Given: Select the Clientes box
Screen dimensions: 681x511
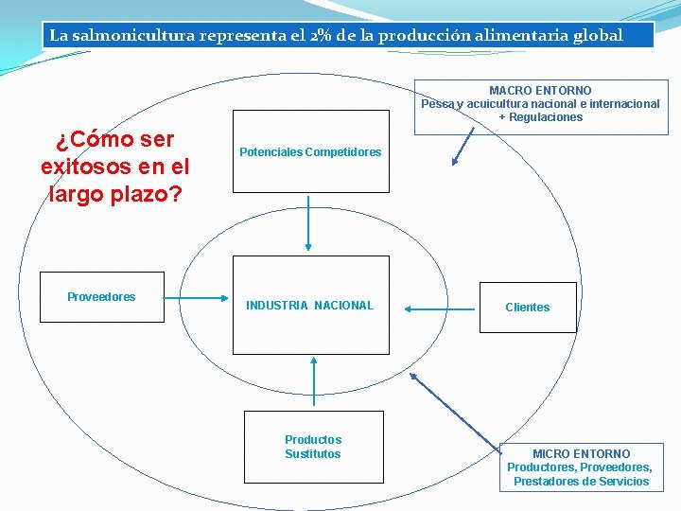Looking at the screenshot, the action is click(x=527, y=308).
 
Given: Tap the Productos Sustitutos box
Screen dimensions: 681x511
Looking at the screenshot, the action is click(x=313, y=447).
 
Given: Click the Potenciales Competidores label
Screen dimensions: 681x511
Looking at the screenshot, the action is click(x=310, y=152).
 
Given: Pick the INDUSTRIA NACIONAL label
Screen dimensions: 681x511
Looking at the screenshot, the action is click(x=309, y=305).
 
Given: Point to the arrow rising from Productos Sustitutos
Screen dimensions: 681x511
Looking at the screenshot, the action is click(x=313, y=382).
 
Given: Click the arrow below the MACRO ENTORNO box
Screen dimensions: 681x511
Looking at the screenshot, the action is click(x=464, y=148).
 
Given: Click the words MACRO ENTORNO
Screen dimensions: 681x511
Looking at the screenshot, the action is click(x=540, y=91).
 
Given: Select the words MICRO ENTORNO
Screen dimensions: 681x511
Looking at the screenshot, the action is click(x=581, y=454).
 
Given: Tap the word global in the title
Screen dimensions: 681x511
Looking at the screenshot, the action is click(x=598, y=36).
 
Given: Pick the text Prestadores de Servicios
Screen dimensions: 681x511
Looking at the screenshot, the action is click(x=581, y=482).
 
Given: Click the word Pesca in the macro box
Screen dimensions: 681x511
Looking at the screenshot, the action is click(x=438, y=104).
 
